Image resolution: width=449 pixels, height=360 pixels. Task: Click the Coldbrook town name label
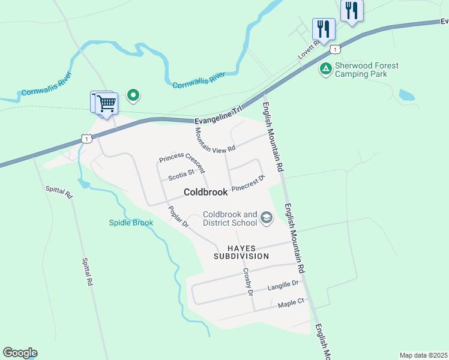(206, 193)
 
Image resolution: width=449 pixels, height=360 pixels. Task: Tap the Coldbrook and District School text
(230, 219)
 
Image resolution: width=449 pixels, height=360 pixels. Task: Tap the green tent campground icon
(325, 69)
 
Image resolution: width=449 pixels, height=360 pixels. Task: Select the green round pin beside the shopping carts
(133, 94)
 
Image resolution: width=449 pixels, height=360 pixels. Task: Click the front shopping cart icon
(107, 103)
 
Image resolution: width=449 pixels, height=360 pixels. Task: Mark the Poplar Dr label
(178, 217)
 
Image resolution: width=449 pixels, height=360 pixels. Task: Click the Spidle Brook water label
(131, 223)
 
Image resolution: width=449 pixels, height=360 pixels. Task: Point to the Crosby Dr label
(248, 281)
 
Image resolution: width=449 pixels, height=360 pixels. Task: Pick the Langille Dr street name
(283, 284)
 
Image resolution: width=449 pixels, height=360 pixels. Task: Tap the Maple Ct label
(292, 304)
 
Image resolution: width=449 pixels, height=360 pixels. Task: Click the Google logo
(20, 353)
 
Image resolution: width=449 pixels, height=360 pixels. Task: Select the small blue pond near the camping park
(406, 95)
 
